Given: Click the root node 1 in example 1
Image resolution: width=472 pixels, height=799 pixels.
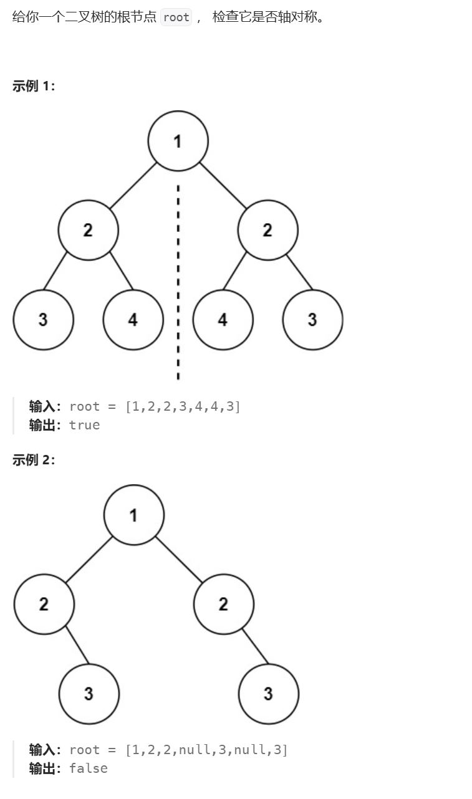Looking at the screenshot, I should click(178, 141).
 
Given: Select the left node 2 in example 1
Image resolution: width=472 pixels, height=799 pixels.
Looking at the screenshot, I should click(88, 230).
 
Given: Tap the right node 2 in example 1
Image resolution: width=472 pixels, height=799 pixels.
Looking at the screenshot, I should click(267, 230).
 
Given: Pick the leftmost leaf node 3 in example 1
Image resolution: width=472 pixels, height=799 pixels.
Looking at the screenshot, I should click(43, 320).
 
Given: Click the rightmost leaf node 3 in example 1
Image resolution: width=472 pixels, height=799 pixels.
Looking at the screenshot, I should click(312, 320).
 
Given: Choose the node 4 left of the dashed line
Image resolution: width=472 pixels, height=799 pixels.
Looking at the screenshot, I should click(133, 320).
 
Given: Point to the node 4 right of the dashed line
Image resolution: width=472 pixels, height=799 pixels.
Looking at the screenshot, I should click(223, 320).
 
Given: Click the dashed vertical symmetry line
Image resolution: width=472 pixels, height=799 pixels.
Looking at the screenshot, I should click(178, 280).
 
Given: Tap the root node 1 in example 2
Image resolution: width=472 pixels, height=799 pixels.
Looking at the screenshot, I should click(133, 515).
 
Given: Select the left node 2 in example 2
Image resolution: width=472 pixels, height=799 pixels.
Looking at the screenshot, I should click(44, 604).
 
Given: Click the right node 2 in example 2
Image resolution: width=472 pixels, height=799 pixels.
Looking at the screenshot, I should click(223, 604).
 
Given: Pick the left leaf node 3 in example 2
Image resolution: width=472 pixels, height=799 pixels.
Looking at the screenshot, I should click(89, 694).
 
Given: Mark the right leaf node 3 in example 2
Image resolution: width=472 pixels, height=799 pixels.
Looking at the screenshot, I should click(268, 694).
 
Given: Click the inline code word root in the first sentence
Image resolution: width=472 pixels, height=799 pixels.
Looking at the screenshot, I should click(176, 17).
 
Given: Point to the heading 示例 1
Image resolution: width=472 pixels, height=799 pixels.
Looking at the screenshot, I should click(34, 86).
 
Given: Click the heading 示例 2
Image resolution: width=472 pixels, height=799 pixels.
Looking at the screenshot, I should click(34, 460).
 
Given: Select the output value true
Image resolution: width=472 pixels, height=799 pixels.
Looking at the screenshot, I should click(84, 425).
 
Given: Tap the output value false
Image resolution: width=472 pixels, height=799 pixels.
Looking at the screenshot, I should click(88, 768).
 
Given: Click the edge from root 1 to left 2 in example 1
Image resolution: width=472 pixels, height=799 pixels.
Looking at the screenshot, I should click(133, 186).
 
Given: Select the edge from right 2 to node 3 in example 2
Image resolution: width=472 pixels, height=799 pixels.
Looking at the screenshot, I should click(255, 646).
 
